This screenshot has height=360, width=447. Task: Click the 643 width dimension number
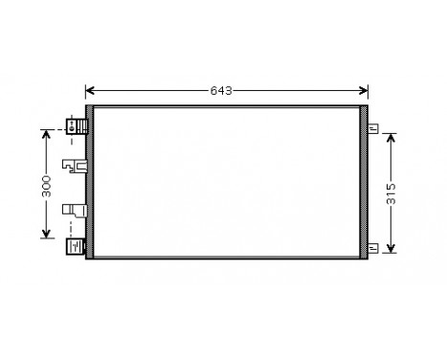click(220, 91)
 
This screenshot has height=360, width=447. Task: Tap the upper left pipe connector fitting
click(75, 125)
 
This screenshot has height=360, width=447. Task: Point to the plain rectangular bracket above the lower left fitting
click(74, 210)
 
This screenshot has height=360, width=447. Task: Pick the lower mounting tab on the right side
click(375, 250)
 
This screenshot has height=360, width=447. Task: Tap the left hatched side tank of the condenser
click(90, 183)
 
